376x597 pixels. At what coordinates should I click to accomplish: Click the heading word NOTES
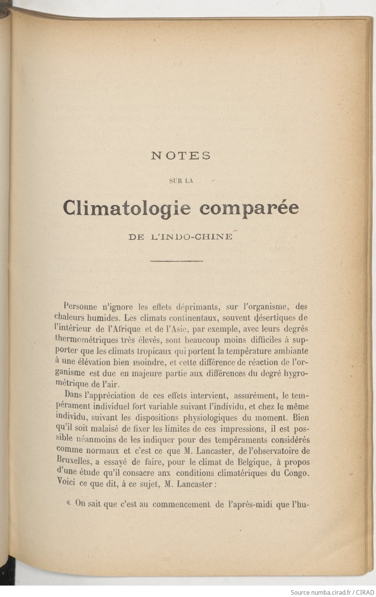tap(181, 156)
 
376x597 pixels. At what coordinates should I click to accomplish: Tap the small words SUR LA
tap(181, 181)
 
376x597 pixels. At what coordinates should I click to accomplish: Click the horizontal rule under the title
tap(177, 261)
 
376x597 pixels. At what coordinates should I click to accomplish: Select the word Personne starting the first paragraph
tap(81, 306)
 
